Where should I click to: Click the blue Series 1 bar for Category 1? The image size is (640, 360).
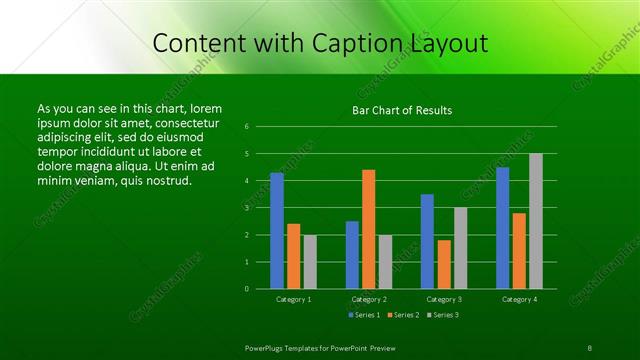pyautogui.click(x=277, y=230)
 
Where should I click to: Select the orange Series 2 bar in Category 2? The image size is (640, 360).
pyautogui.click(x=369, y=229)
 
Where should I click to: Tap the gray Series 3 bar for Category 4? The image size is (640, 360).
pyautogui.click(x=536, y=221)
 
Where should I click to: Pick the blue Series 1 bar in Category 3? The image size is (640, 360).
pyautogui.click(x=427, y=241)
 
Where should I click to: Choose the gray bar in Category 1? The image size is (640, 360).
pyautogui.click(x=310, y=261)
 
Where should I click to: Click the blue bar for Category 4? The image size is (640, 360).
pyautogui.click(x=502, y=227)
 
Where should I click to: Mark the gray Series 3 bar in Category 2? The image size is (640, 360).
pyautogui.click(x=386, y=261)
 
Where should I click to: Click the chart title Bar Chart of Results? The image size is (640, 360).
pyautogui.click(x=402, y=110)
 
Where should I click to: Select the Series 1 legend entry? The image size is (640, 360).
pyautogui.click(x=364, y=315)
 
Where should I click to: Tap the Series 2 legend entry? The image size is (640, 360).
pyautogui.click(x=402, y=315)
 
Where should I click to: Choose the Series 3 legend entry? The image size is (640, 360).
pyautogui.click(x=443, y=315)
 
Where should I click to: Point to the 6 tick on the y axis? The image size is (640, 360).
pyautogui.click(x=246, y=127)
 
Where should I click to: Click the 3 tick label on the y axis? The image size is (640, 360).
pyautogui.click(x=246, y=208)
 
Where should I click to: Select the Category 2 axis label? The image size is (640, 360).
pyautogui.click(x=369, y=299)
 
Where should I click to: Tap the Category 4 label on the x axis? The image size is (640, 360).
pyautogui.click(x=519, y=299)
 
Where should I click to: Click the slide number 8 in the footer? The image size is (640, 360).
pyautogui.click(x=590, y=347)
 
